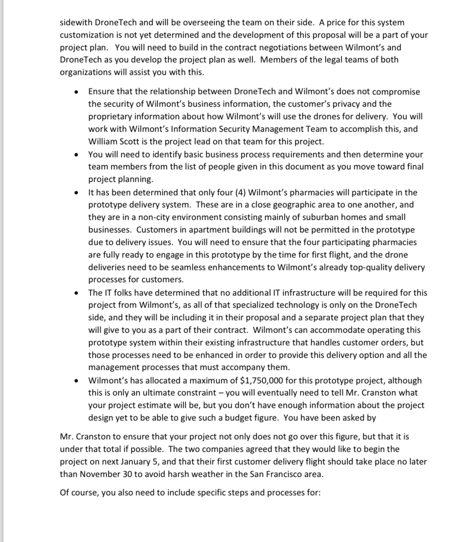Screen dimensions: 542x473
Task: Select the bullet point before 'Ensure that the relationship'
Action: pos(76,92)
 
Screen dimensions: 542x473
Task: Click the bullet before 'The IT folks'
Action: pos(76,293)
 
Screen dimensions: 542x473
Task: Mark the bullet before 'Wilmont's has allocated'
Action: pos(76,381)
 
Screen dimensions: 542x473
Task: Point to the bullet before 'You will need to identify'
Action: pos(76,155)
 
